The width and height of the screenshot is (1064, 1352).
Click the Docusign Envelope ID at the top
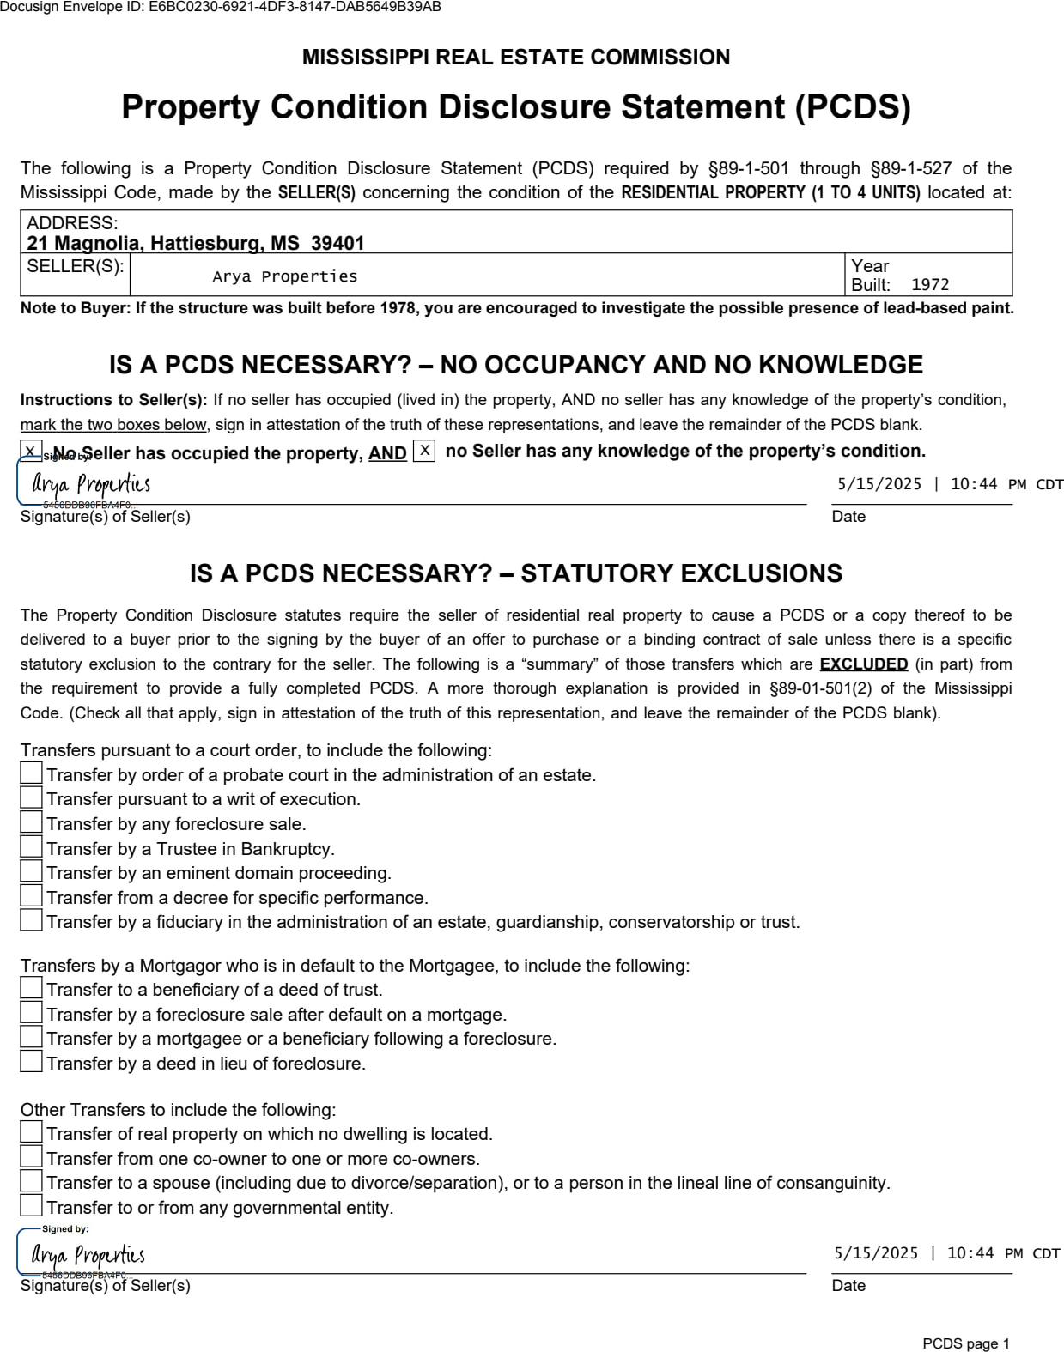[x=221, y=8]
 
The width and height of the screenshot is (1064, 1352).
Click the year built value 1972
[x=930, y=285]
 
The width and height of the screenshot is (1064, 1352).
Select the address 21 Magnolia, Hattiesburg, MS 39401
[x=196, y=243]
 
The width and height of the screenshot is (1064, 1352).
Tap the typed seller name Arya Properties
[x=284, y=276]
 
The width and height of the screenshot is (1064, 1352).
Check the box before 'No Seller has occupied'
[x=31, y=451]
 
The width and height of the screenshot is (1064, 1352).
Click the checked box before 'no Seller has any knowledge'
[x=424, y=451]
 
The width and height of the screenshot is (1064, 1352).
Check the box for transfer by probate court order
[x=32, y=773]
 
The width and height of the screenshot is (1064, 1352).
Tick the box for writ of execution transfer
[x=32, y=797]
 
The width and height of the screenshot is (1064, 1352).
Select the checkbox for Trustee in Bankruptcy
[x=32, y=847]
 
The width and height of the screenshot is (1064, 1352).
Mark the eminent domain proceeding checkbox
[x=32, y=871]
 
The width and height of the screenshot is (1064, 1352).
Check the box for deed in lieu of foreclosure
[x=32, y=1062]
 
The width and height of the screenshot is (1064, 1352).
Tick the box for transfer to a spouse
[x=32, y=1181]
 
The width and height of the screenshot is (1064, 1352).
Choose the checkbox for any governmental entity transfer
[x=32, y=1206]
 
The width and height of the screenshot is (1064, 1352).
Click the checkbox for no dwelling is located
[x=32, y=1132]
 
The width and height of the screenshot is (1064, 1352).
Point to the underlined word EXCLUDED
[x=863, y=664]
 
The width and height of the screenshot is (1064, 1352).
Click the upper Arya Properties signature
[x=91, y=485]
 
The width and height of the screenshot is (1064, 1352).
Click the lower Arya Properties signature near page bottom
[x=88, y=1255]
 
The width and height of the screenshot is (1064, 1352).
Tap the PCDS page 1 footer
[x=965, y=1343]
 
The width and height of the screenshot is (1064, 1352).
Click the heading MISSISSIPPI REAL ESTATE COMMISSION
[x=515, y=58]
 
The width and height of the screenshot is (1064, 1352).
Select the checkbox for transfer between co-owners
[x=32, y=1157]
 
